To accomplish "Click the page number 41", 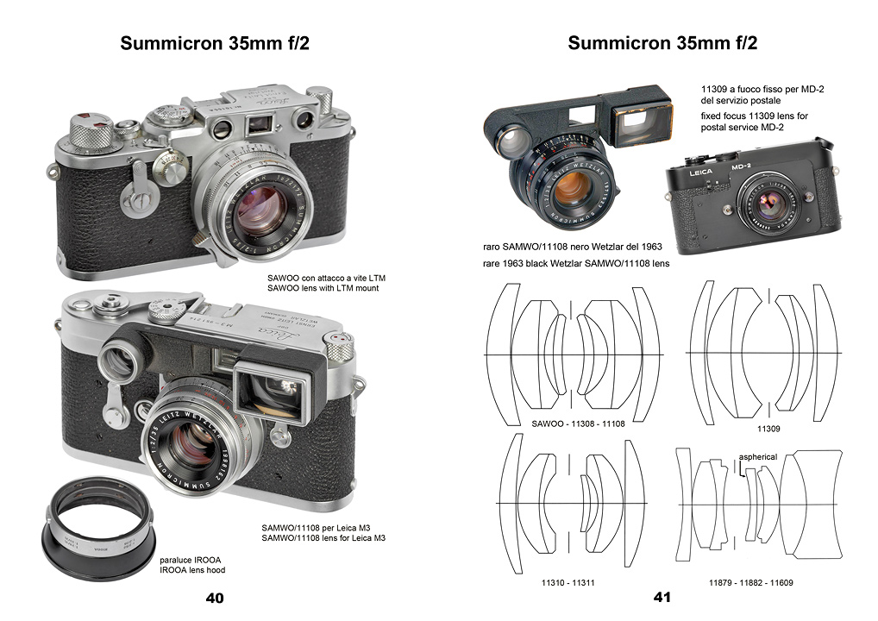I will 662,597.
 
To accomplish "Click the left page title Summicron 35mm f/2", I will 216,43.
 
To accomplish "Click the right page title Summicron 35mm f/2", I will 662,43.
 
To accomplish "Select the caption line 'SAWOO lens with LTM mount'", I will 323,288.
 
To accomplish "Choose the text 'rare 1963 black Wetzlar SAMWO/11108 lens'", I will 577,263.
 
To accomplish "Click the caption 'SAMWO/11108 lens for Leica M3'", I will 323,538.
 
